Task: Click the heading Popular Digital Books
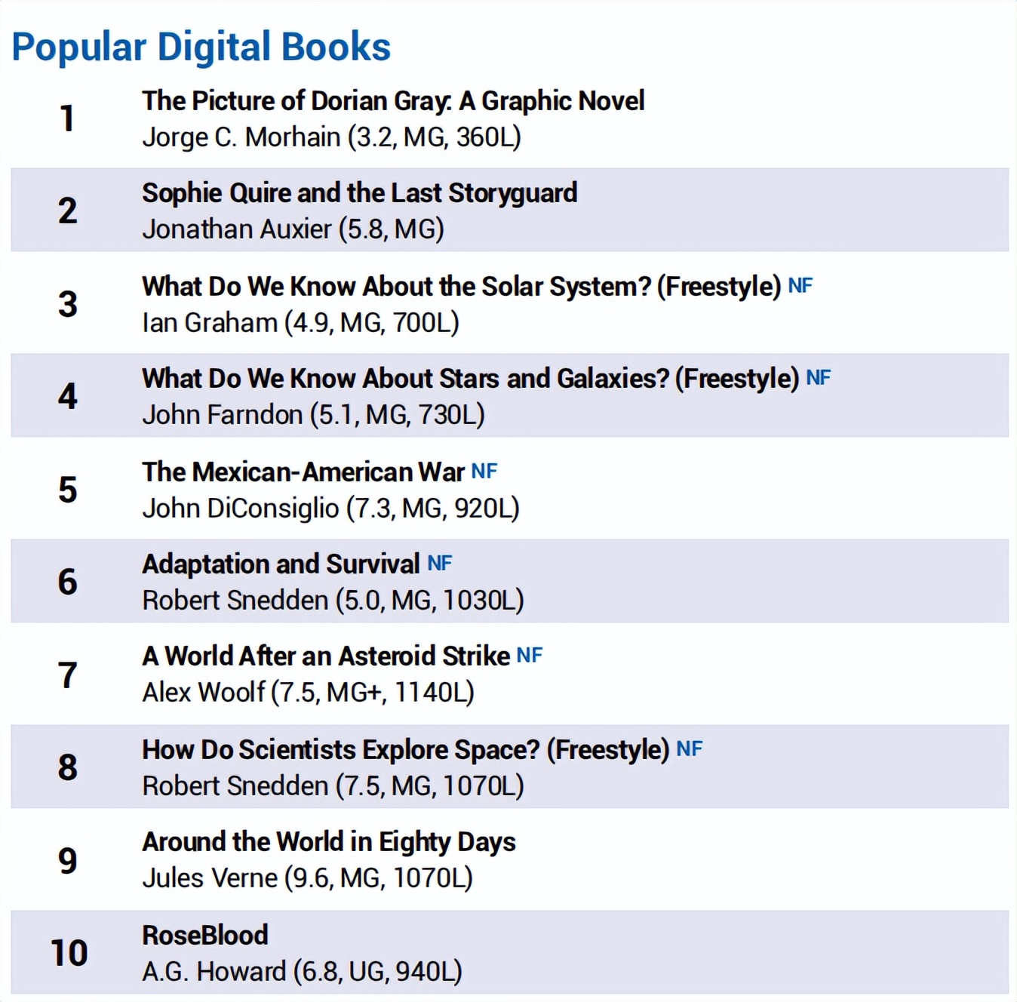(201, 47)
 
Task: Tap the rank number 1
(68, 118)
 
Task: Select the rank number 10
(69, 953)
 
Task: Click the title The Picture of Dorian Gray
(392, 101)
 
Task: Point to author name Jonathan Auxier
(237, 229)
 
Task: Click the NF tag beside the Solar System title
(800, 286)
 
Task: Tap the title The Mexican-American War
(303, 472)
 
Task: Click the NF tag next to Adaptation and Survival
(440, 564)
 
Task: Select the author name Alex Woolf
(204, 693)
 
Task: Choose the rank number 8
(68, 767)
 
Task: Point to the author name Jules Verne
(210, 878)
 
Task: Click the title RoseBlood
(205, 936)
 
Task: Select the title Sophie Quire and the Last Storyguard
(359, 193)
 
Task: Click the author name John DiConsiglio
(240, 509)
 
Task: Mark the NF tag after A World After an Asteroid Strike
(529, 656)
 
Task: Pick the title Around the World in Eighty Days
(329, 842)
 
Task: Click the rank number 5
(68, 490)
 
